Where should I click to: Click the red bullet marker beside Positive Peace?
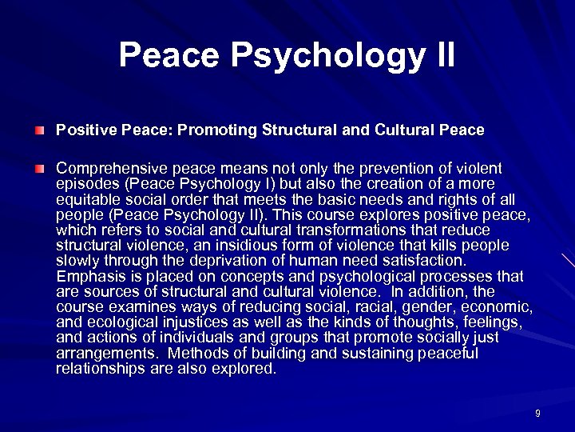coord(39,130)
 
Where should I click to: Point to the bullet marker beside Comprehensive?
coord(39,169)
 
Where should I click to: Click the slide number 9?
coord(537,414)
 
